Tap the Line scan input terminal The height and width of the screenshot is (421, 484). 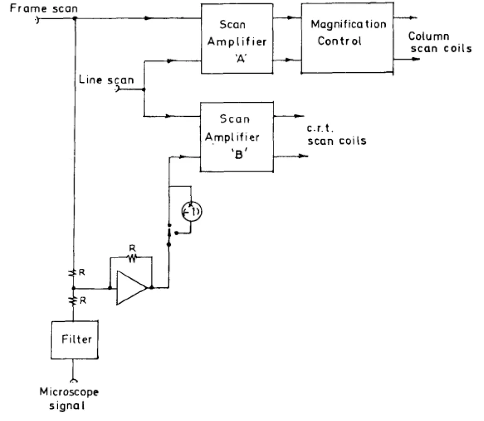(x=116, y=89)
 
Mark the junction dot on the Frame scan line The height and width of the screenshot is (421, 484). (x=74, y=18)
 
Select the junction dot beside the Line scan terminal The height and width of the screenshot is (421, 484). (x=144, y=89)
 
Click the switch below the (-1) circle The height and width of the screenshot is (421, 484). (x=169, y=234)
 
